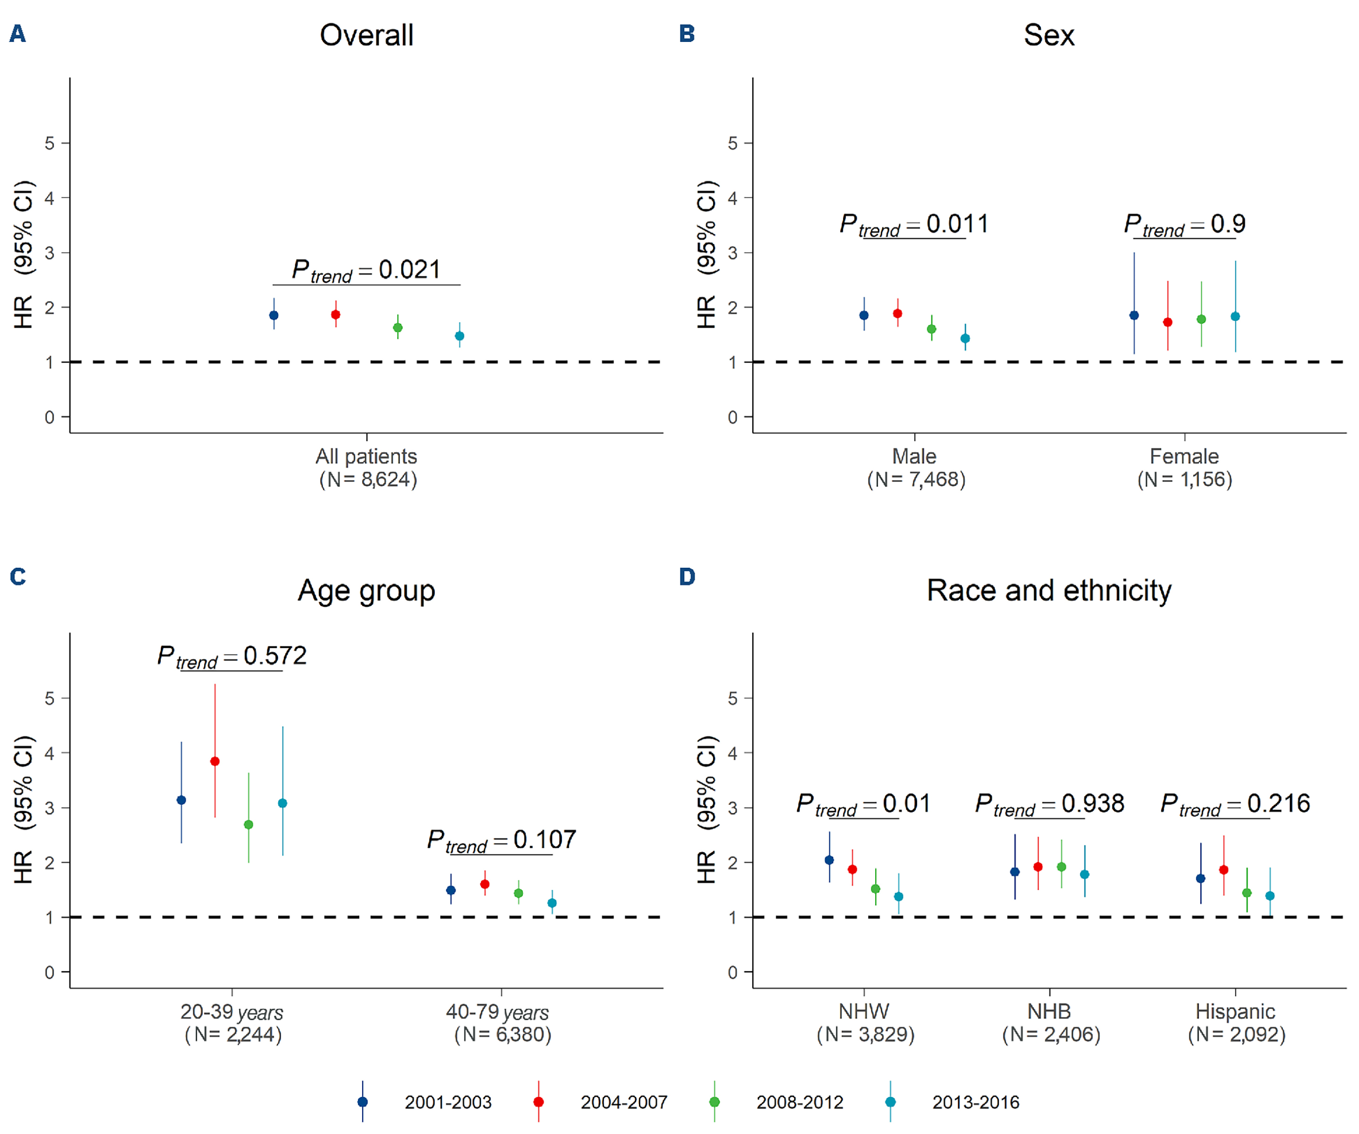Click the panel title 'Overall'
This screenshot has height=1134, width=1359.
click(366, 35)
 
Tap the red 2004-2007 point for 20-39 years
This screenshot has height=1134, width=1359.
click(215, 761)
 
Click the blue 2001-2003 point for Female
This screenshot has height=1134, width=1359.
click(1134, 315)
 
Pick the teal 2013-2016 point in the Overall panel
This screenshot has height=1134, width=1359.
click(459, 336)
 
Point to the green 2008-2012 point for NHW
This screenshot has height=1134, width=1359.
click(876, 889)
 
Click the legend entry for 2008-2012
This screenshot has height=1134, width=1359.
click(799, 1102)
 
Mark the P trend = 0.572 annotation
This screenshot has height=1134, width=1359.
click(232, 656)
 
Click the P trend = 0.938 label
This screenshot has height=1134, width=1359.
click(1049, 804)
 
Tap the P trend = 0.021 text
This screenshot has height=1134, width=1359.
click(366, 270)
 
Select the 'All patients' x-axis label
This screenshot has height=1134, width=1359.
click(366, 456)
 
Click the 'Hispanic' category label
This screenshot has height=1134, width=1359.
click(1235, 1011)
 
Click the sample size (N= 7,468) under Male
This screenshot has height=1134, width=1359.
click(916, 479)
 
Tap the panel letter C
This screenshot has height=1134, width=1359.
click(18, 576)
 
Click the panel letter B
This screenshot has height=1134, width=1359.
click(687, 33)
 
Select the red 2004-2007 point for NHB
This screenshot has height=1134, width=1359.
click(1038, 867)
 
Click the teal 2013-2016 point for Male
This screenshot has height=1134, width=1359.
click(965, 339)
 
